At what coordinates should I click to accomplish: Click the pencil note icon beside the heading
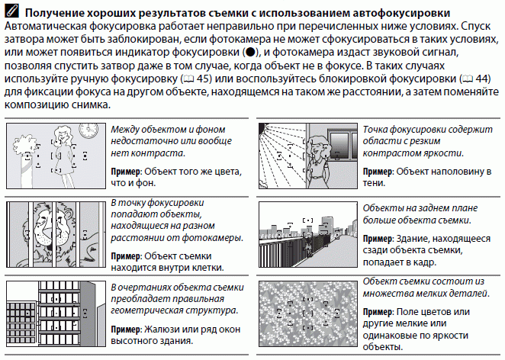pos(12,11)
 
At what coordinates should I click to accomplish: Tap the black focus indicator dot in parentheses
pos(249,52)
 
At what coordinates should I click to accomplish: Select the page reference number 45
pos(204,79)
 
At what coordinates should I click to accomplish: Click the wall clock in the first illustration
pos(88,130)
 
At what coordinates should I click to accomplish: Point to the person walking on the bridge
pos(309,245)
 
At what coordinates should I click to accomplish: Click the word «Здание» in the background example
pos(412,239)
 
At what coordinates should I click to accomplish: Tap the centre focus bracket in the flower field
pos(308,313)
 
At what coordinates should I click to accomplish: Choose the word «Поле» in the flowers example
pos(407,312)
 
